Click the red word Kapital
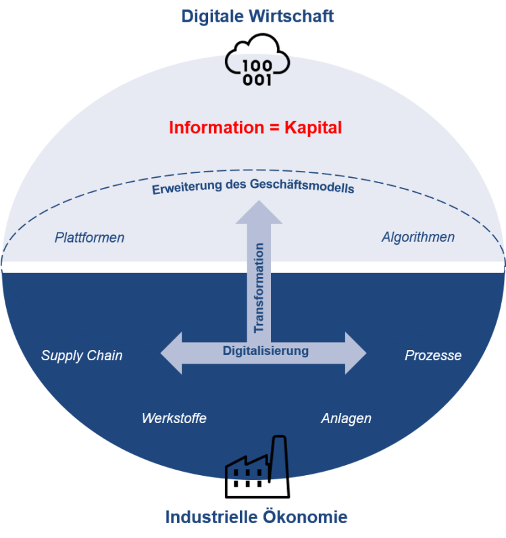[311, 127]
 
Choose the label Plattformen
[90, 237]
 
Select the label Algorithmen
[418, 237]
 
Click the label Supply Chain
[82, 356]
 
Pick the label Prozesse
[433, 356]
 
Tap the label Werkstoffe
[174, 418]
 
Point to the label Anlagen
[346, 418]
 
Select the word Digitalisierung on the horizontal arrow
[265, 351]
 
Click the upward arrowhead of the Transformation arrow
[259, 212]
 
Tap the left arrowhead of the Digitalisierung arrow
[172, 353]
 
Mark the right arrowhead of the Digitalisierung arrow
[355, 353]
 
